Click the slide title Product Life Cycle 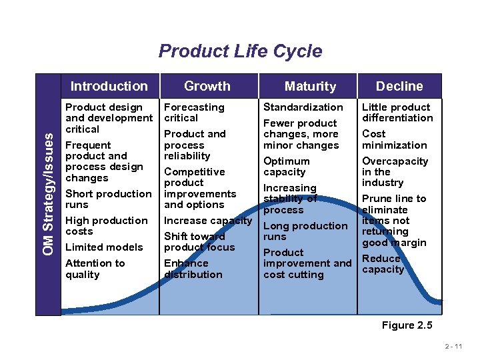point(240,51)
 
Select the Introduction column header point(109,86)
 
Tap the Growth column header point(207,86)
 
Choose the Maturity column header point(310,86)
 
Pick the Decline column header point(399,86)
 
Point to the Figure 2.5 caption point(407,325)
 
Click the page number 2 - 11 point(457,347)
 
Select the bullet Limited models point(104,247)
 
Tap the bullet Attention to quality point(95,269)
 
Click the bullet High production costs point(106,226)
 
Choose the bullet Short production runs point(108,199)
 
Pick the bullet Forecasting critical point(194,113)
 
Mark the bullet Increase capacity point(208,221)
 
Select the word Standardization point(303,107)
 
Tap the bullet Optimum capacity point(287,167)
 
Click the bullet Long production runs point(305,231)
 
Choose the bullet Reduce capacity point(383,264)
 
